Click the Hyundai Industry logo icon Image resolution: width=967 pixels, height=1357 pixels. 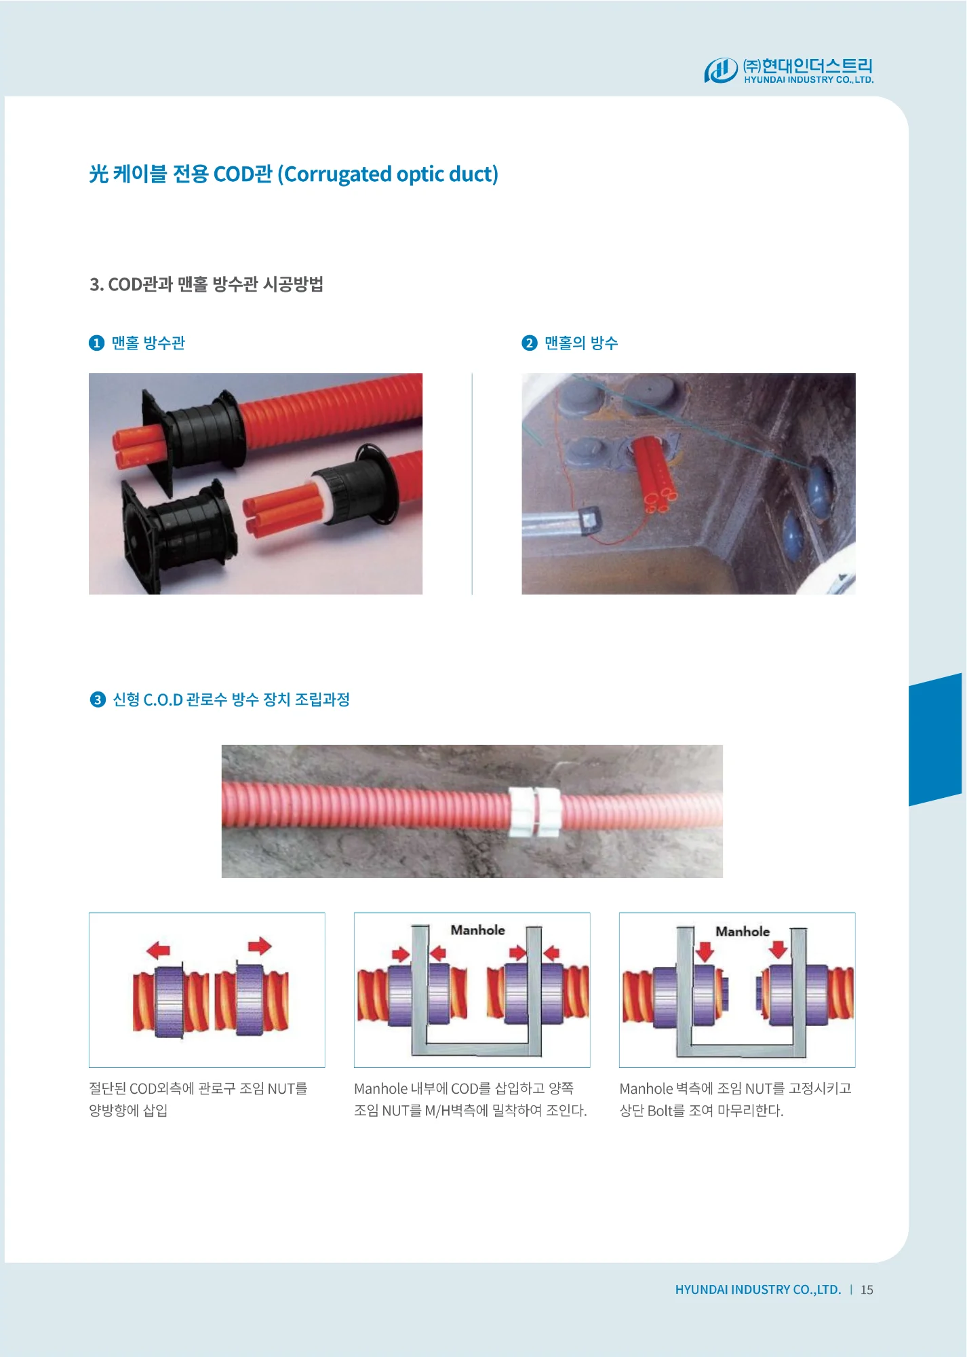[x=720, y=71]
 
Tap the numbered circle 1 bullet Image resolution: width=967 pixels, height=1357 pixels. [x=96, y=343]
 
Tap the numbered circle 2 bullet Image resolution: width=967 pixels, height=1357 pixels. [x=530, y=343]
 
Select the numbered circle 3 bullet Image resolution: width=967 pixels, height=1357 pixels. [x=98, y=700]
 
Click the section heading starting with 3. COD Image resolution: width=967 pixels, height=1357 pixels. [x=206, y=284]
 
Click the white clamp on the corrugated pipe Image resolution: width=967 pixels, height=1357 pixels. [x=536, y=811]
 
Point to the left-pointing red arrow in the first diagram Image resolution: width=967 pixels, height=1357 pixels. [x=159, y=950]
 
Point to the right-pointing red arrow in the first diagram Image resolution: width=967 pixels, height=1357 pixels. [x=260, y=946]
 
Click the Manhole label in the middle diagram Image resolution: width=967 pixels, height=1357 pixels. [x=478, y=930]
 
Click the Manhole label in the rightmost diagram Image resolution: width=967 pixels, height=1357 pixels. [x=743, y=932]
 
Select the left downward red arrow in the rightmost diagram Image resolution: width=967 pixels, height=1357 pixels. [x=705, y=951]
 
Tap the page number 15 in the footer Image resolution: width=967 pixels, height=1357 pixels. [x=867, y=1290]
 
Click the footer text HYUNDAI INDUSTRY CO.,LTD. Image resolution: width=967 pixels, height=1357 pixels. [x=758, y=1290]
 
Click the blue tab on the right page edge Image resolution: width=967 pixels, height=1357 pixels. [x=935, y=740]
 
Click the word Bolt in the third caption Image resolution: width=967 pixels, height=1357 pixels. [x=660, y=1111]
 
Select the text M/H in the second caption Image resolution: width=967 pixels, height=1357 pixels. [x=438, y=1111]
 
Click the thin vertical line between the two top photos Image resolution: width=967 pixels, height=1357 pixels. [x=472, y=484]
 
